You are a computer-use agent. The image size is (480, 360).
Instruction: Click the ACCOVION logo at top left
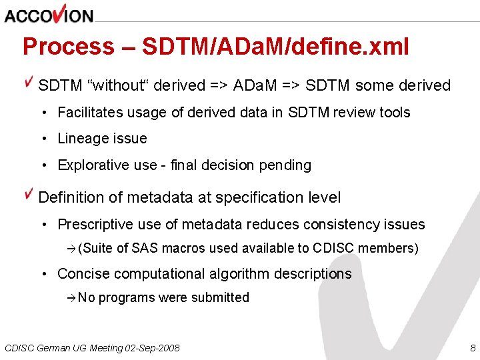[x=49, y=15]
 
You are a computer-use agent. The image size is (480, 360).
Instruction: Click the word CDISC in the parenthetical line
[x=332, y=248]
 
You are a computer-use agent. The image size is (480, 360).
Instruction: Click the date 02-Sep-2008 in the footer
[x=153, y=348]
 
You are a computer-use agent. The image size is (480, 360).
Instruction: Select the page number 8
[x=473, y=348]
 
